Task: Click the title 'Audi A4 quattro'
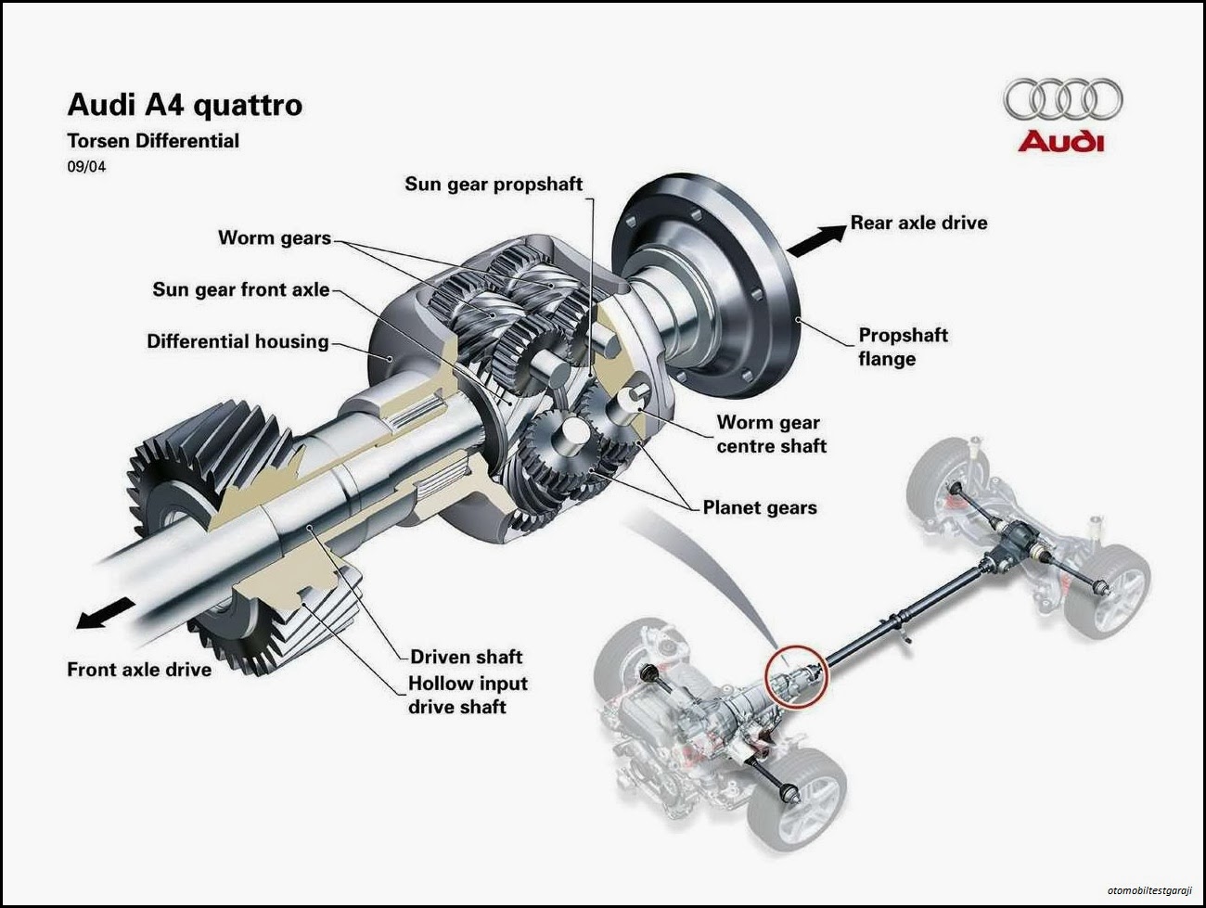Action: [185, 105]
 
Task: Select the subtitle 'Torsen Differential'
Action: [153, 141]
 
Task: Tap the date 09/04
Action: [86, 168]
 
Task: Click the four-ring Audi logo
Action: [1062, 100]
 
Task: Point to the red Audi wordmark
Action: [1061, 142]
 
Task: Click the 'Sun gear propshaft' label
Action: [494, 184]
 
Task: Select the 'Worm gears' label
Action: [275, 237]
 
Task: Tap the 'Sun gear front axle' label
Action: [241, 289]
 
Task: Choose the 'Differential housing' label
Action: [237, 341]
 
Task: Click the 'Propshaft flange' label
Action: [903, 347]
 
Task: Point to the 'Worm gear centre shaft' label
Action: [771, 434]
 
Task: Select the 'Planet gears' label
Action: [760, 507]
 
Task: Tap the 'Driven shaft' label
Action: [467, 657]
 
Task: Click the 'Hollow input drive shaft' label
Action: [468, 695]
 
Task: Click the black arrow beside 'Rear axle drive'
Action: [815, 239]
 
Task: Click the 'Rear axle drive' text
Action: [918, 223]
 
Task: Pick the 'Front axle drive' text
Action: [139, 669]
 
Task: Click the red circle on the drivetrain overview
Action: [796, 678]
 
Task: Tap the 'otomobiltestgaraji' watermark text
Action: [1148, 891]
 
